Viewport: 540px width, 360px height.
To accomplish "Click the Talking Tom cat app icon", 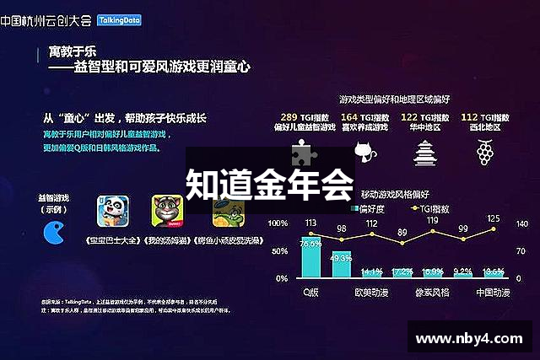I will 167,212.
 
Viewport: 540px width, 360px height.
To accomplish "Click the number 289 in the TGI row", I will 289,117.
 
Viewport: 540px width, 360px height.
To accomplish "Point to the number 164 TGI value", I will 348,117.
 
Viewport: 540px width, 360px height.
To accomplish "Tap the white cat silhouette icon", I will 364,153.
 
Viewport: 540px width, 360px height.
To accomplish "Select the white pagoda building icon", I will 424,152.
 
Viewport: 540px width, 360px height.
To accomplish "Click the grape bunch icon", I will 485,153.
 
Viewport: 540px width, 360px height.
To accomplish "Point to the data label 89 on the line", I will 402,233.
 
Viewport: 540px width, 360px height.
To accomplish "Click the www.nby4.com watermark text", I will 468,340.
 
